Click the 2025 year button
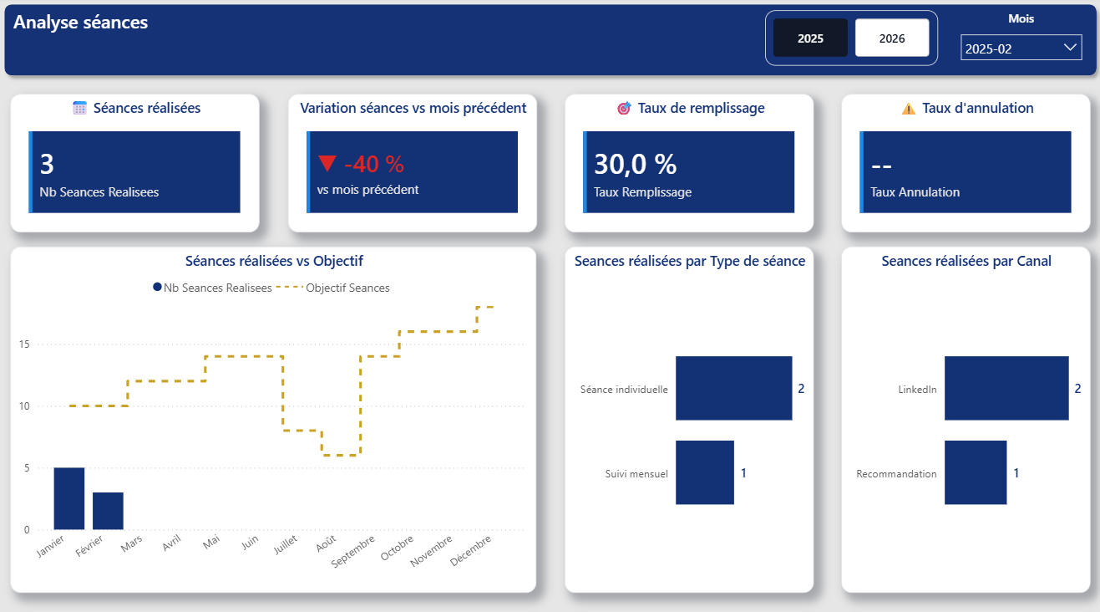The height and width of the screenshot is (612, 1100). click(x=810, y=38)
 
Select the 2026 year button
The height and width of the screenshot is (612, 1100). click(x=892, y=38)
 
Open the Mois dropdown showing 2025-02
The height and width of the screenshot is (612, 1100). click(x=1021, y=48)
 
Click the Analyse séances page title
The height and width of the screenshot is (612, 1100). click(x=81, y=23)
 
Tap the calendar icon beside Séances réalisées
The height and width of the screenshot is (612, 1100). click(x=80, y=108)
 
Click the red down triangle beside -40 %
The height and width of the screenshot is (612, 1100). click(x=327, y=164)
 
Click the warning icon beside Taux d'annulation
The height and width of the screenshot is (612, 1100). click(x=909, y=109)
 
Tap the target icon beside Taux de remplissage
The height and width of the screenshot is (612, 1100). click(x=624, y=109)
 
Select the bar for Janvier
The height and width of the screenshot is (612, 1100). click(x=69, y=498)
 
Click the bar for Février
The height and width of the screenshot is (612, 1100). click(x=108, y=511)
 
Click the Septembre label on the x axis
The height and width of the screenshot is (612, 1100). click(x=352, y=552)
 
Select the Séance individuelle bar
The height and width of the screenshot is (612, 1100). click(x=733, y=388)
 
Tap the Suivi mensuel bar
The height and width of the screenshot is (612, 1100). click(x=704, y=472)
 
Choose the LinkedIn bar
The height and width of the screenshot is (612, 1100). click(x=1006, y=388)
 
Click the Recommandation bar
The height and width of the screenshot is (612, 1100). click(x=976, y=472)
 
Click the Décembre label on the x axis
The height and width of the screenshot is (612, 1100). click(x=471, y=550)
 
